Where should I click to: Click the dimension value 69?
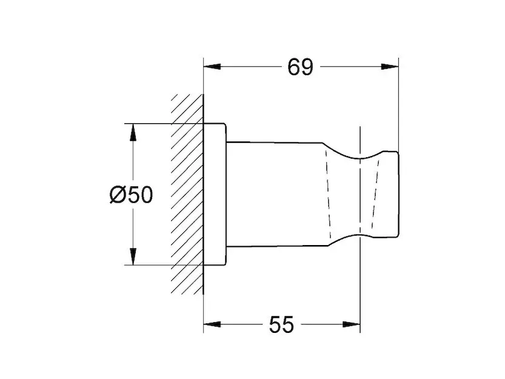pos(300,67)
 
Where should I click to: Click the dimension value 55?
pos(282,325)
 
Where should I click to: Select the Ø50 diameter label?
pos(131,195)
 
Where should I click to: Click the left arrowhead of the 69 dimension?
pos(213,67)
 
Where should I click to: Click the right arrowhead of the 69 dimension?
pos(389,67)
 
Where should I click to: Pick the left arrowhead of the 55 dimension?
pos(213,324)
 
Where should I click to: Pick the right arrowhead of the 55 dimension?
pos(352,324)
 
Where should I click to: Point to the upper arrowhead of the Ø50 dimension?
pos(133,132)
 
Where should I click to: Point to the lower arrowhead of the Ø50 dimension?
pos(133,256)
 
